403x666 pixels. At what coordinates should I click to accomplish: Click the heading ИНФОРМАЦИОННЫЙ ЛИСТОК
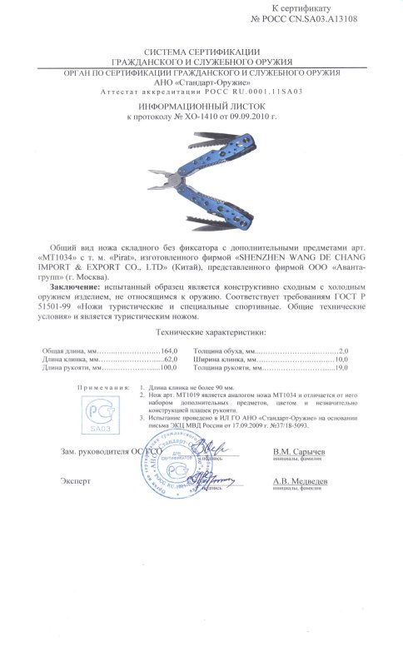click(x=201, y=108)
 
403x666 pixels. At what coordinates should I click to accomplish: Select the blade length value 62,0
click(x=172, y=359)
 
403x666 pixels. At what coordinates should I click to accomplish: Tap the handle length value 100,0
click(x=170, y=367)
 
